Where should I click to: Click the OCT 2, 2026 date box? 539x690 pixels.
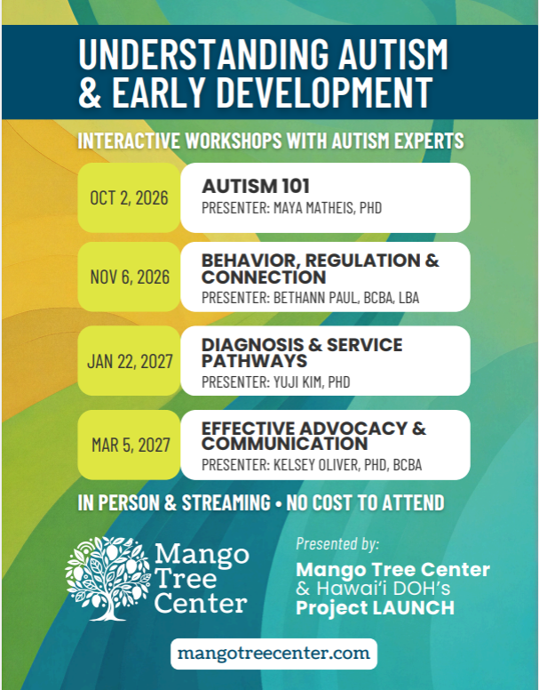[x=129, y=197]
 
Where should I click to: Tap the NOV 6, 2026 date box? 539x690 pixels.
[x=129, y=277]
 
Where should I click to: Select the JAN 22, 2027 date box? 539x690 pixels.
[x=129, y=361]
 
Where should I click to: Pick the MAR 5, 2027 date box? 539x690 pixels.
[x=129, y=445]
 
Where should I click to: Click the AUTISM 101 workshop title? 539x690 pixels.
[x=256, y=186]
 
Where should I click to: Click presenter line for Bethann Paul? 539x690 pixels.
[x=310, y=298]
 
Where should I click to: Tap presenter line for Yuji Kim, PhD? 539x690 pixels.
[x=276, y=382]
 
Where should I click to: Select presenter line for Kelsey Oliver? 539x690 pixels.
[x=312, y=465]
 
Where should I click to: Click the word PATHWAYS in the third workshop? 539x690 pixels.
[x=254, y=361]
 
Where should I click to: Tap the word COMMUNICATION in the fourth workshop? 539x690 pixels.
[x=285, y=444]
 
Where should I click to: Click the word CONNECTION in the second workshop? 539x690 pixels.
[x=264, y=277]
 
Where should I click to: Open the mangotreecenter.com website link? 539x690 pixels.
[x=273, y=654]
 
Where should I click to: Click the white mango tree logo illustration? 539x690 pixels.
[x=108, y=578]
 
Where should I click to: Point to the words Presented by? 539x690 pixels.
[x=337, y=544]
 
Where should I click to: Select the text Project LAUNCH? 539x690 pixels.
[x=375, y=608]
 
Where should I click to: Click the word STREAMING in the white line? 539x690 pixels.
[x=226, y=502]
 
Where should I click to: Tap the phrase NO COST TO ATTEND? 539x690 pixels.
[x=366, y=502]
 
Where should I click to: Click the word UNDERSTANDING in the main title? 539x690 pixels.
[x=203, y=53]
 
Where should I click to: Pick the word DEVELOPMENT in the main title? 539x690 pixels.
[x=325, y=92]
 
